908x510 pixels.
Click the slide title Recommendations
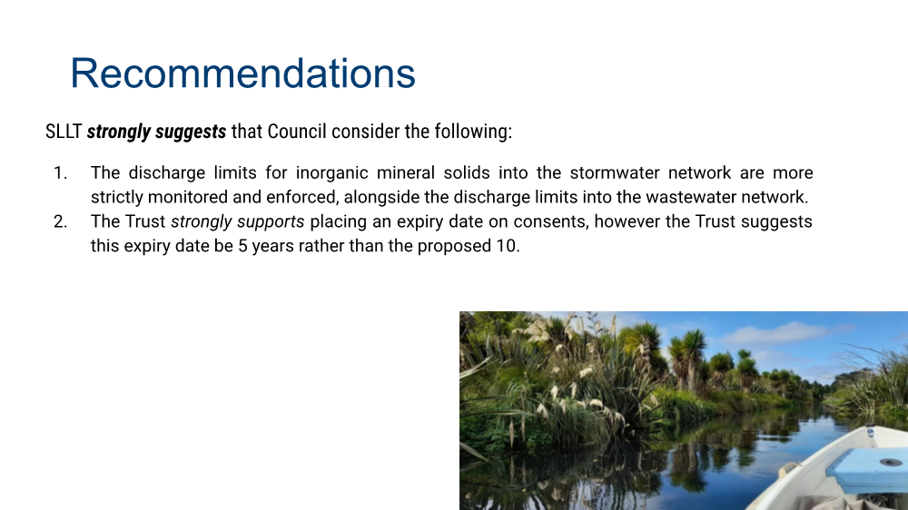242,74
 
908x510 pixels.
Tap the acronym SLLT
64,132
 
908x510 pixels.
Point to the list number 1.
60,173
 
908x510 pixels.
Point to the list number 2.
60,221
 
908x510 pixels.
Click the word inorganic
331,173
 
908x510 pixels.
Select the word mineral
407,172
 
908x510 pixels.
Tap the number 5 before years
242,246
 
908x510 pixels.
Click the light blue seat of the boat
869,469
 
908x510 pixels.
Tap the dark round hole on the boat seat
890,462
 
